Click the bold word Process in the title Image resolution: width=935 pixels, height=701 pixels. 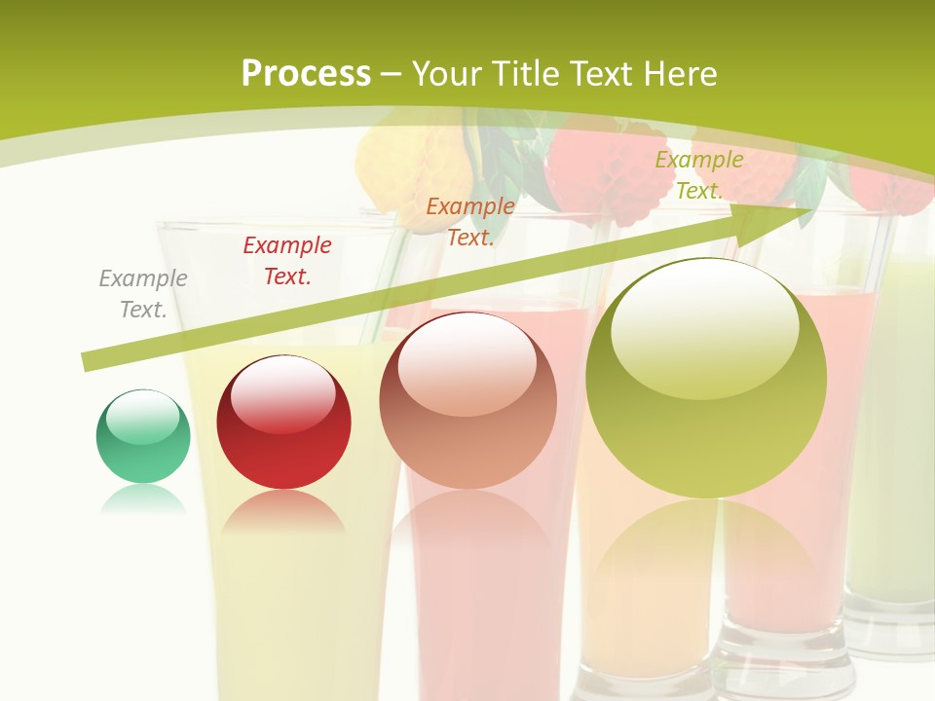306,74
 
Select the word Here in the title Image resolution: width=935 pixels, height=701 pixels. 678,74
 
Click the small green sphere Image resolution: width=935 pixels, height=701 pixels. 143,436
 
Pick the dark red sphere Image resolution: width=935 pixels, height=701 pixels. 283,423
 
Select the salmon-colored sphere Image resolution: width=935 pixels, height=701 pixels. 467,400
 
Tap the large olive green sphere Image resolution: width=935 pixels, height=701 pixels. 706,378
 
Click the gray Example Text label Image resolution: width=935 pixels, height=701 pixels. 143,294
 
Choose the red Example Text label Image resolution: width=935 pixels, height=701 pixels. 287,261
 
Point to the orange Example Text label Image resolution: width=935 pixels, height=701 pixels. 470,222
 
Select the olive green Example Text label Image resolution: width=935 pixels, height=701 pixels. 699,175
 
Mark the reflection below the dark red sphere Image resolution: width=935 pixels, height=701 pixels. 282,513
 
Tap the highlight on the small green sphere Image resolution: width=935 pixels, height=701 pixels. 142,417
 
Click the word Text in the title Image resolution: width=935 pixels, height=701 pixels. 602,74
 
